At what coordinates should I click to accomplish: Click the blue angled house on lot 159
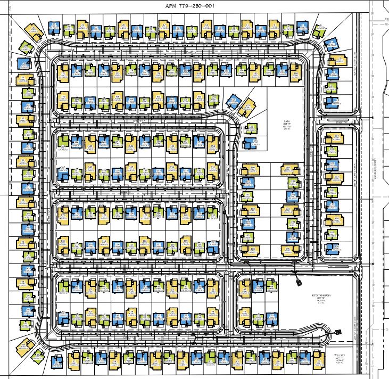pyautogui.click(x=232, y=102)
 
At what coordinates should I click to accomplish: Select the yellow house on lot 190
pyautogui.click(x=249, y=170)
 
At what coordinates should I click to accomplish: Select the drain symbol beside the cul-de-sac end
pyautogui.click(x=339, y=331)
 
